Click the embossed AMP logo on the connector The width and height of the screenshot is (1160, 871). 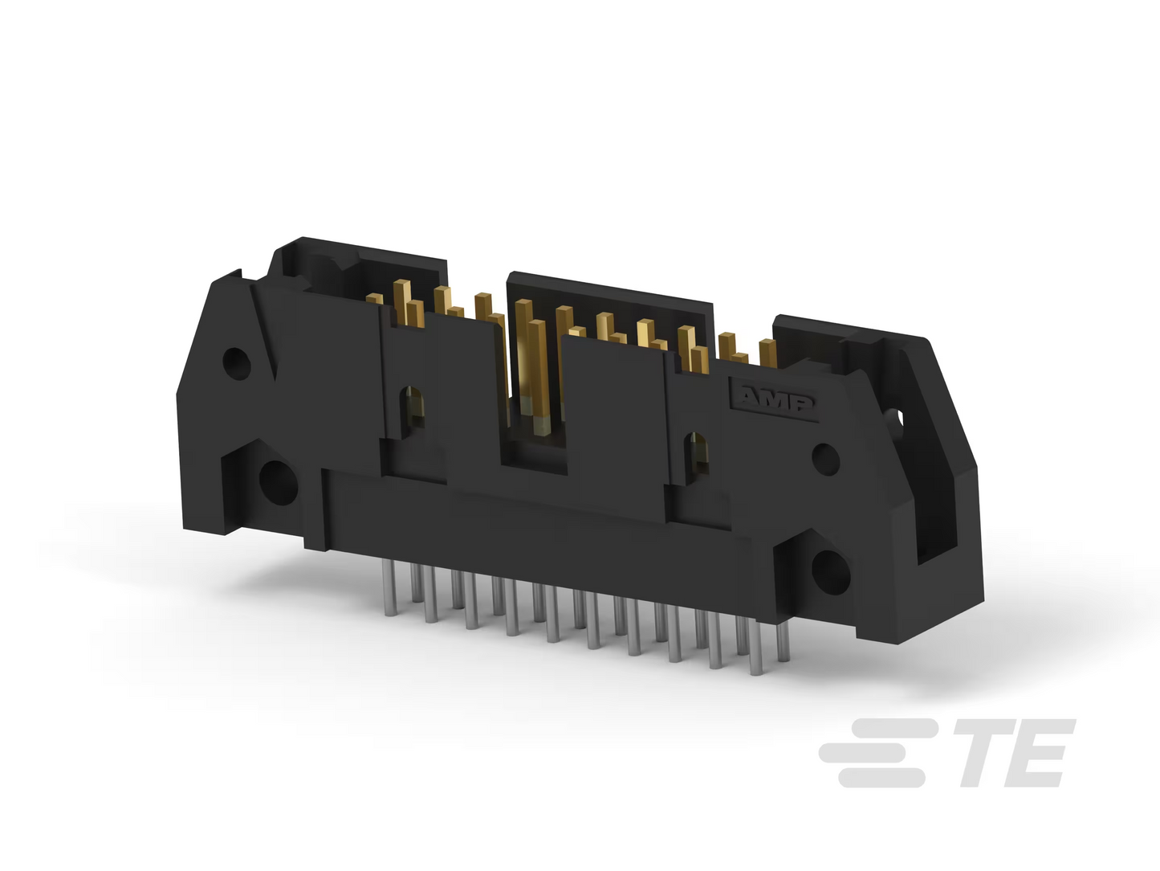coord(774,400)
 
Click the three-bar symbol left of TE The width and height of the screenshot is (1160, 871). coord(880,753)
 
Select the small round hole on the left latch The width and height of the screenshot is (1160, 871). coord(237,363)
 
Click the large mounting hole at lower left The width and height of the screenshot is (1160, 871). coord(279,482)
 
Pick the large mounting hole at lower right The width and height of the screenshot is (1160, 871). coord(831,572)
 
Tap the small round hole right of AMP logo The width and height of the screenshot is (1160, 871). coord(825,459)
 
